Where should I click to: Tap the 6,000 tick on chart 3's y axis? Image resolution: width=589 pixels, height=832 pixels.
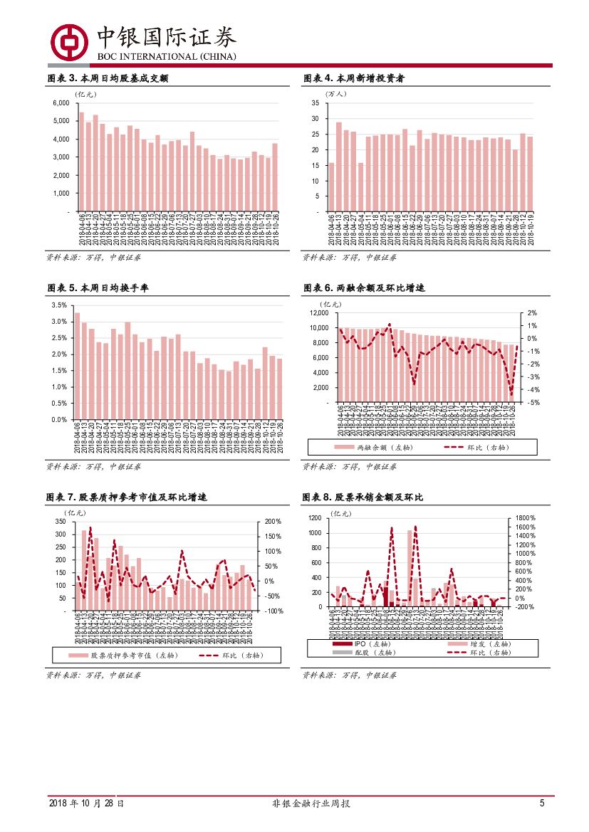coord(61,103)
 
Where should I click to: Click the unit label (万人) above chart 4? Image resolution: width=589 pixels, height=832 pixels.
coord(335,93)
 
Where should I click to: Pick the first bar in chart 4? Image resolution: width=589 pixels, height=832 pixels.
coord(331,186)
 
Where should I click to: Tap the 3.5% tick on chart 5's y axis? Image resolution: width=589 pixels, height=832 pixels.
coord(59,305)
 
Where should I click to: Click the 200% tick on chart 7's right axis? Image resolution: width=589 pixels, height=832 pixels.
coord(273,522)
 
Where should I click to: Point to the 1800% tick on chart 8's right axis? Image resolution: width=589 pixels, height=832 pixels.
coord(525,517)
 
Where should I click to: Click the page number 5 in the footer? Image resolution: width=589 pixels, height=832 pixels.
coord(541,804)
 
